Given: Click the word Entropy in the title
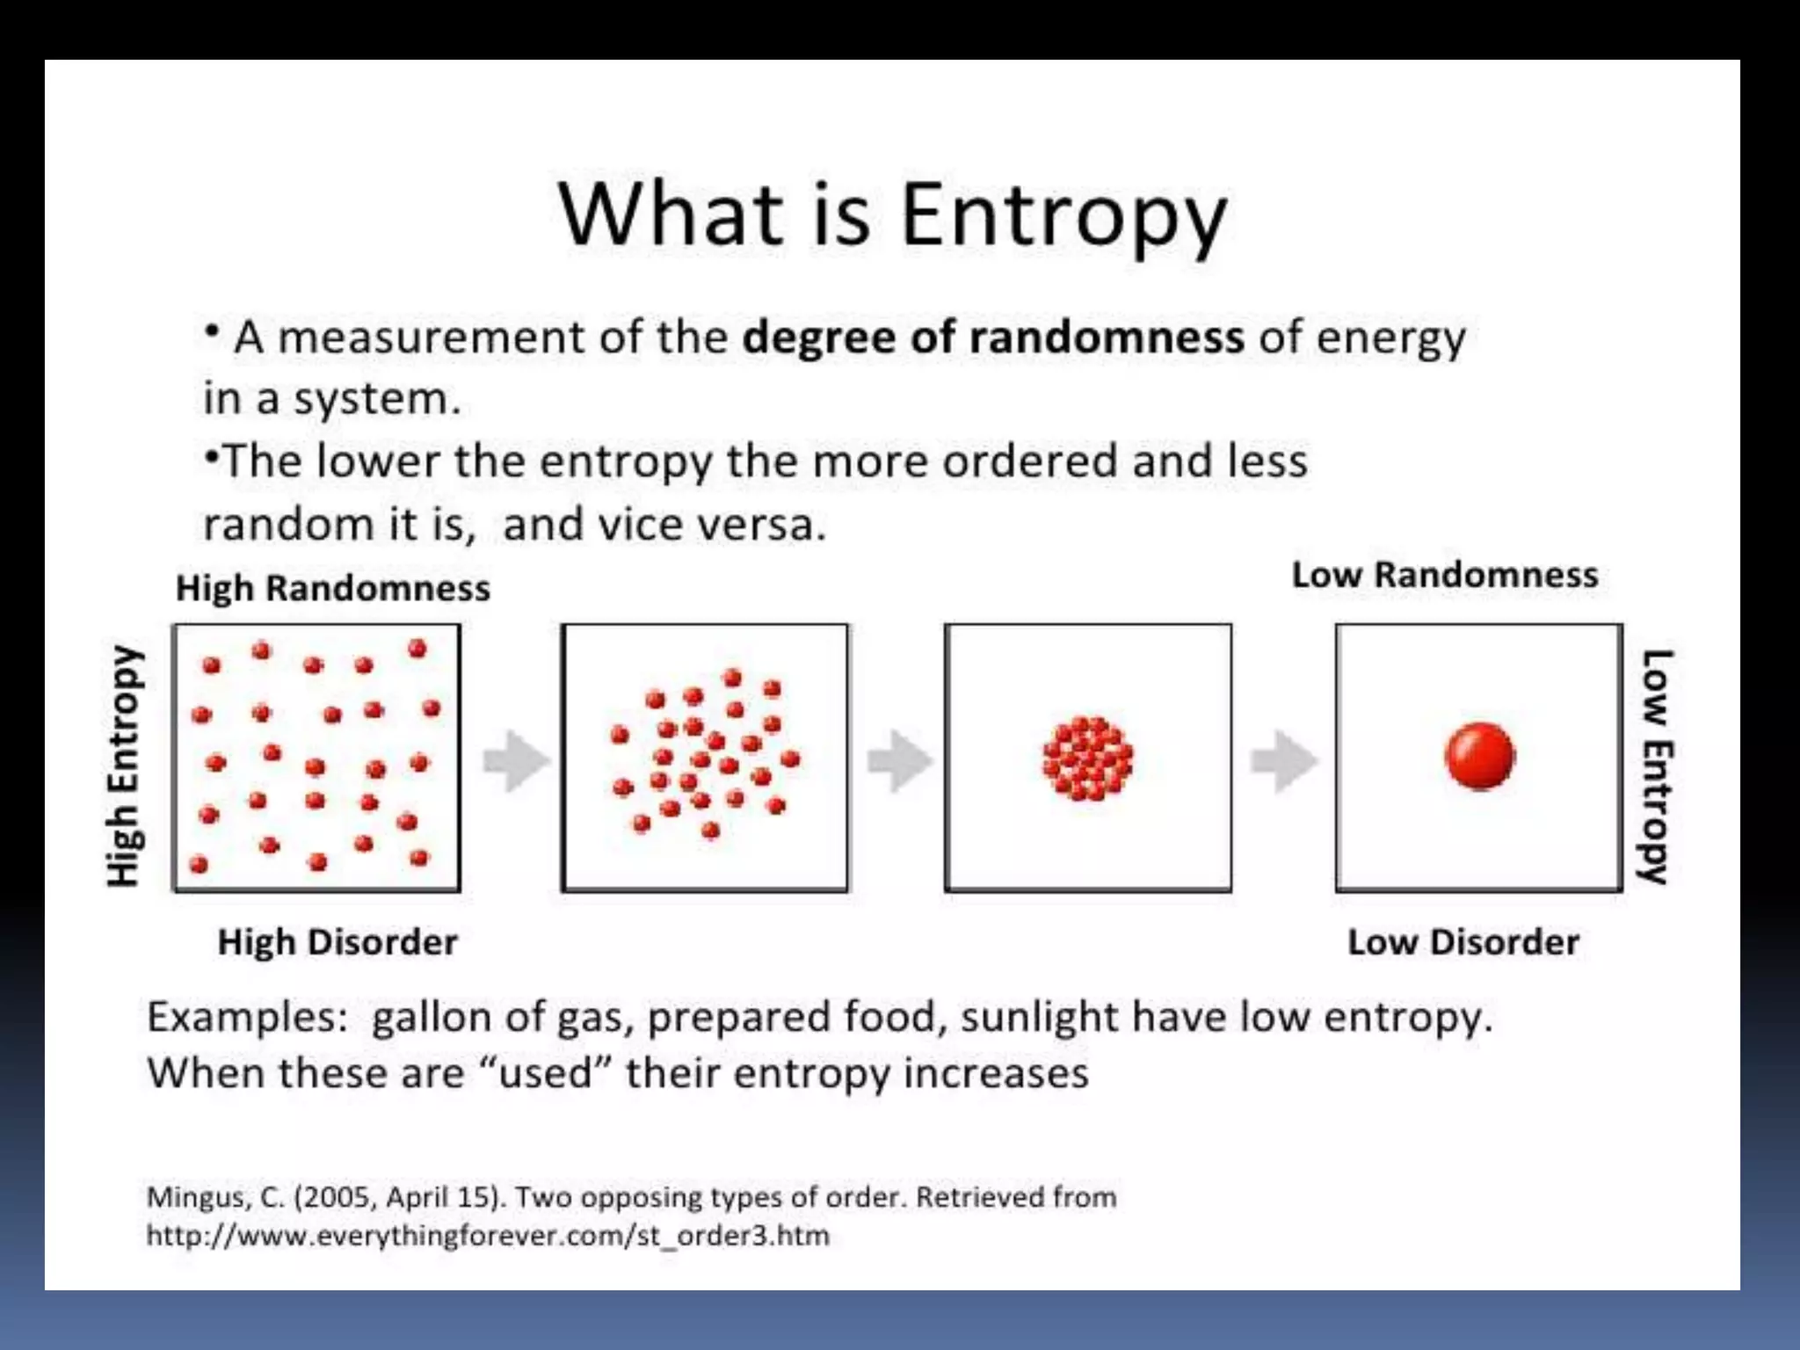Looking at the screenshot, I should pyautogui.click(x=1063, y=215).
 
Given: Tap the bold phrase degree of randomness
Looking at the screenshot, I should pyautogui.click(x=993, y=337).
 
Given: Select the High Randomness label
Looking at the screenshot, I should pyautogui.click(x=333, y=588).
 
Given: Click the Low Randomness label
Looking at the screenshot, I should pyautogui.click(x=1444, y=575).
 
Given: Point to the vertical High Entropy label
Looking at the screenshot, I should pyautogui.click(x=124, y=766).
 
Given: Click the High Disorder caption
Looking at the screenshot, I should pyautogui.click(x=337, y=942).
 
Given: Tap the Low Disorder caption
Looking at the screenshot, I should pyautogui.click(x=1463, y=942).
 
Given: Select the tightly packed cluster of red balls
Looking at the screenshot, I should pyautogui.click(x=1088, y=758).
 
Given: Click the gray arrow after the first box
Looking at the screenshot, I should pyautogui.click(x=516, y=761).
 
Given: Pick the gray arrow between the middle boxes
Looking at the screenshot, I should pyautogui.click(x=899, y=761).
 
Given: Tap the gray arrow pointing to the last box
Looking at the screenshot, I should pyautogui.click(x=1283, y=761).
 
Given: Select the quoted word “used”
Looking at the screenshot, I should pyautogui.click(x=545, y=1073).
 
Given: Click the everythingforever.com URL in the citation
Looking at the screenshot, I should pyautogui.click(x=488, y=1236).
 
